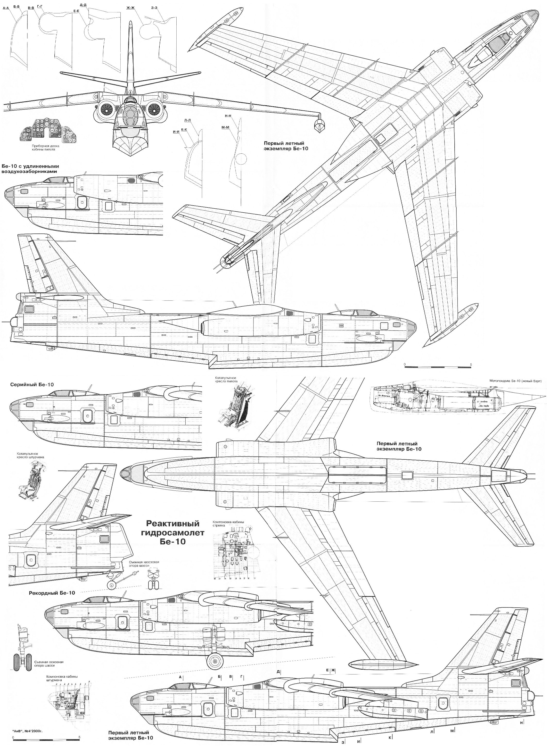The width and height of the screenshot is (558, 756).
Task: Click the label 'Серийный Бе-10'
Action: [x=32, y=384]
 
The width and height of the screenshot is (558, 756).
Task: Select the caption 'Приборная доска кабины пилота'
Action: [x=40, y=147]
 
